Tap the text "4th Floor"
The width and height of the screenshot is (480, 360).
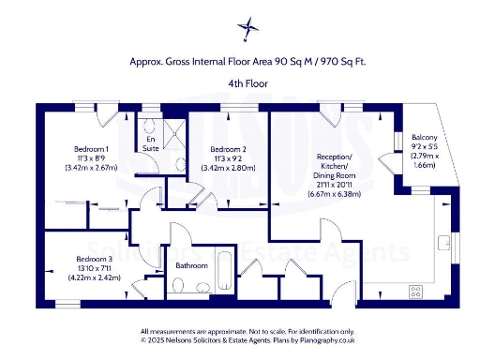(x=242, y=83)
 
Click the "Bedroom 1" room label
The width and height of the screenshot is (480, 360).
(x=91, y=149)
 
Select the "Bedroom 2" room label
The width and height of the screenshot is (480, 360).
(x=228, y=150)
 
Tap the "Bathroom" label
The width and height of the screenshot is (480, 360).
(x=192, y=266)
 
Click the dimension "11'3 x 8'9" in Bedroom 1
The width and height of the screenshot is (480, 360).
(x=91, y=158)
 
